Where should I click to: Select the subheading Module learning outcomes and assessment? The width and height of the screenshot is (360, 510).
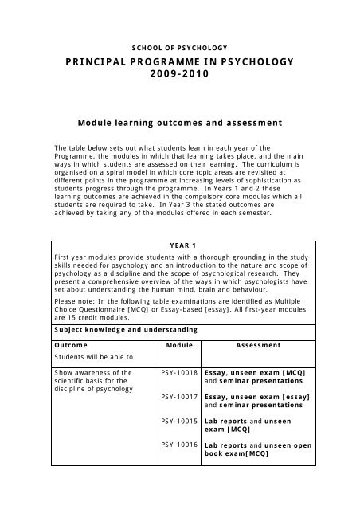[x=179, y=124]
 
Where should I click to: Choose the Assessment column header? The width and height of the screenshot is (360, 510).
[x=258, y=345]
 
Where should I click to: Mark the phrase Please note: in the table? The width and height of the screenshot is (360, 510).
[x=72, y=292]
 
